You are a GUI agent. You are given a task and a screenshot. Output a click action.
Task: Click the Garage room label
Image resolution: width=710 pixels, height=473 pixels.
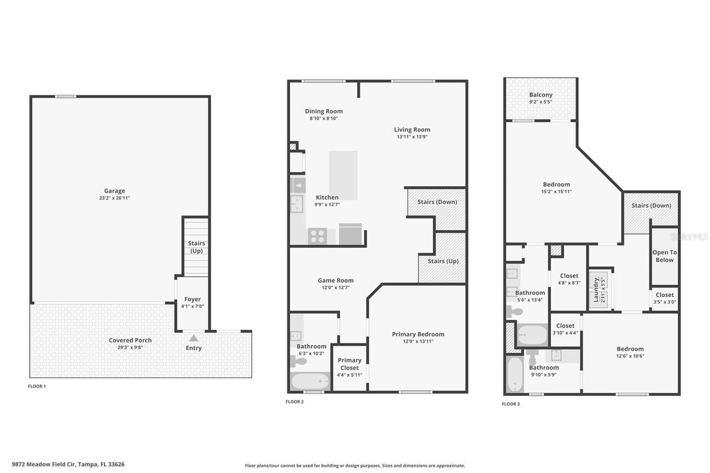click(x=114, y=191)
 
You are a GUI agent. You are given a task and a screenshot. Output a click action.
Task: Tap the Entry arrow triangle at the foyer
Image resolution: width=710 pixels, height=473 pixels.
click(x=193, y=338)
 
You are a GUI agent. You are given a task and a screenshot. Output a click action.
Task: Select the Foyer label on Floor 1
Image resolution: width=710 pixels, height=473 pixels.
click(x=192, y=299)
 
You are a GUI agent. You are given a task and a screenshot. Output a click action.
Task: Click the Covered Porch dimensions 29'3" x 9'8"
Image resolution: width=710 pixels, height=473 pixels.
click(x=130, y=348)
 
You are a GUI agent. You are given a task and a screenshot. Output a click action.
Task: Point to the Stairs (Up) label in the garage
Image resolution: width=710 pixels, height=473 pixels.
click(x=196, y=247)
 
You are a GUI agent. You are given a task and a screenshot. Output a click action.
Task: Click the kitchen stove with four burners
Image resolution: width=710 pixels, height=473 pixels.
click(x=317, y=236)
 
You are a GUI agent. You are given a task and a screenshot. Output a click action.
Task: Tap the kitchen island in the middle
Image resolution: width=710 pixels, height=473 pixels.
click(x=343, y=175)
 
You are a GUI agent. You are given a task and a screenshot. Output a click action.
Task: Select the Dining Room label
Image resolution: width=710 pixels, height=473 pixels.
click(x=323, y=111)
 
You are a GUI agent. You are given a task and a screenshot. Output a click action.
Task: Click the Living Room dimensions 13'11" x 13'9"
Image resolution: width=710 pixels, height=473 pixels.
click(x=412, y=137)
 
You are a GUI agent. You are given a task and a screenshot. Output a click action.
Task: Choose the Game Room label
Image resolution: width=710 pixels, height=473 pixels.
click(x=335, y=281)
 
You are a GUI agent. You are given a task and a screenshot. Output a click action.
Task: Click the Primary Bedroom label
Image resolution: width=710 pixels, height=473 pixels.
click(x=418, y=334)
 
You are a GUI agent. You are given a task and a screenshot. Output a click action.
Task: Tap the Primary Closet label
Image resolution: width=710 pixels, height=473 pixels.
click(x=349, y=364)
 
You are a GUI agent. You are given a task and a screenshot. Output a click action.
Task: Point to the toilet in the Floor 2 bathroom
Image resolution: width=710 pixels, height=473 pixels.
click(x=298, y=361)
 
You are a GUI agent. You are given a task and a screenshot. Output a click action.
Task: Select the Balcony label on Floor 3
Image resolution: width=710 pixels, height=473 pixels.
click(x=540, y=95)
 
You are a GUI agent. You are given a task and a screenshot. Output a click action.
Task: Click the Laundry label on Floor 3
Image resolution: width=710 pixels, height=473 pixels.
click(x=596, y=289)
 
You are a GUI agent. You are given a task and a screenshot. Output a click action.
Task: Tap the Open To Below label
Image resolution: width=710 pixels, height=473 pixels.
click(x=664, y=256)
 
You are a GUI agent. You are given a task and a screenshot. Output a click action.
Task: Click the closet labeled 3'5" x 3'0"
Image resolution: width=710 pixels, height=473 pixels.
click(x=665, y=298)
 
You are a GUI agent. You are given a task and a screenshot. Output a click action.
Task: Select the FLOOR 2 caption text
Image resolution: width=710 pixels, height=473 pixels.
click(x=295, y=401)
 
